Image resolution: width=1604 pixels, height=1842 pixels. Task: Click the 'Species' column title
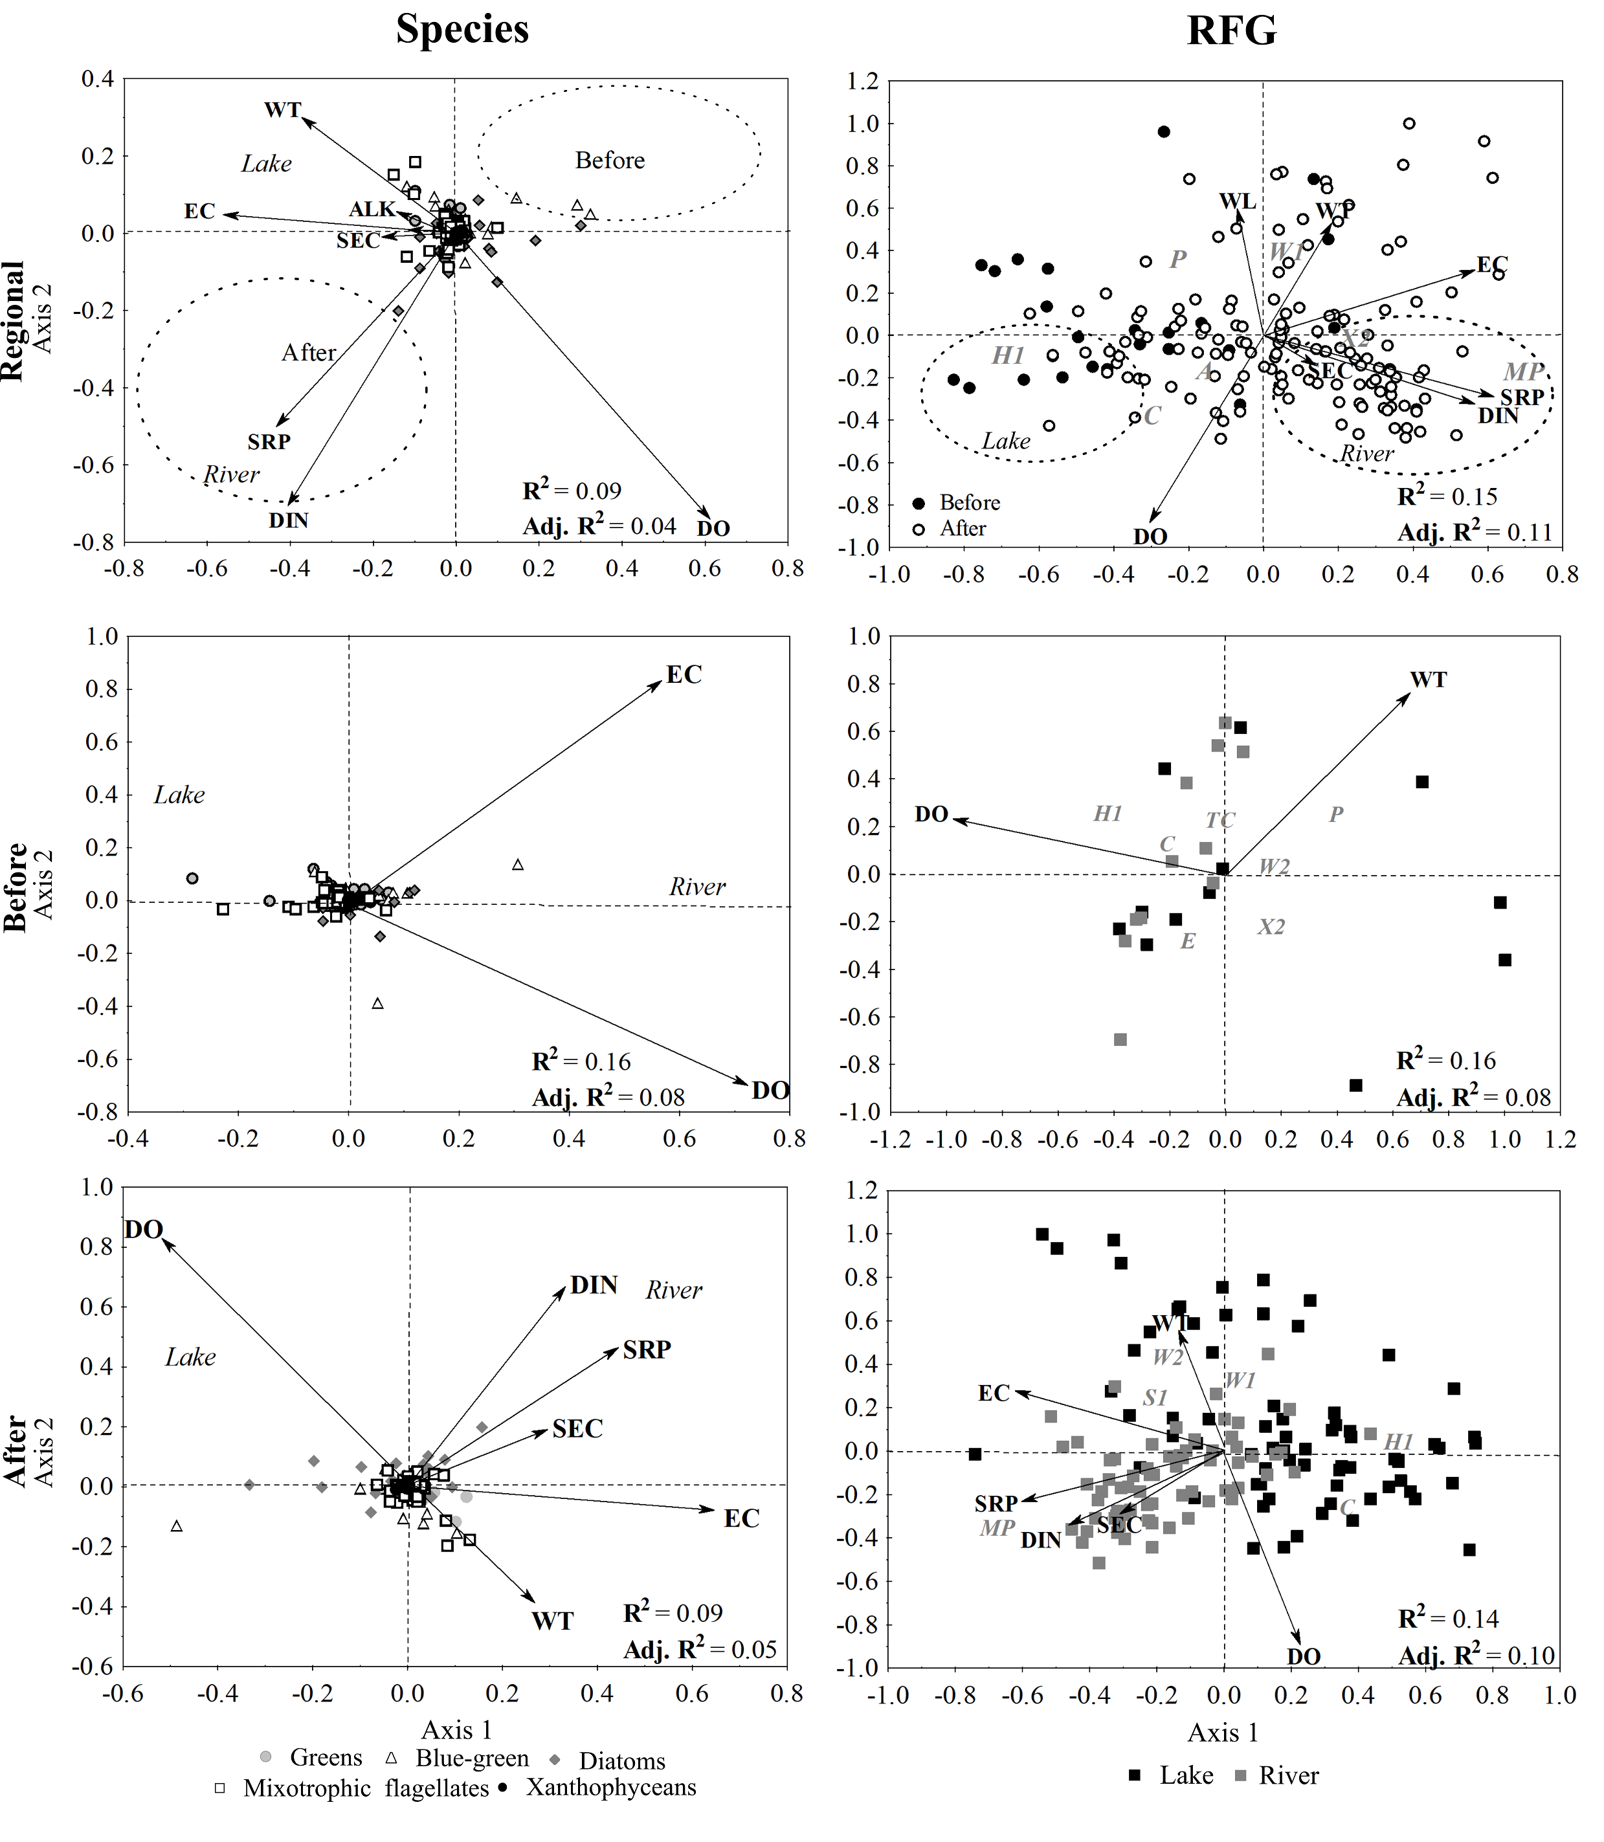coord(462,30)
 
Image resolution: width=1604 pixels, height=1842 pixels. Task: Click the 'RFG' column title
coord(1232,30)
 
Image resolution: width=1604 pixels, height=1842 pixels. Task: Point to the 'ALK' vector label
coord(372,210)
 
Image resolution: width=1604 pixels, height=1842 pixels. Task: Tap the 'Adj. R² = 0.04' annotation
coord(599,526)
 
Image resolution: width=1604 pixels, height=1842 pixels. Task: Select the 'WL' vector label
coord(1238,201)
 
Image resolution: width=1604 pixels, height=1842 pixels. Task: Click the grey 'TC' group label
coord(1220,820)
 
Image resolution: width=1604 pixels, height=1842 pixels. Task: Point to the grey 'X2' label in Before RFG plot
coord(1271,926)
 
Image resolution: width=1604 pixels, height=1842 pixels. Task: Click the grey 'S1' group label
coord(1155,1398)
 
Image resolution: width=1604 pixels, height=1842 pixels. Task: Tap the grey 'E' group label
coord(1188,940)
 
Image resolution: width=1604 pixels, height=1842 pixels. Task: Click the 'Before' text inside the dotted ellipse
coord(610,161)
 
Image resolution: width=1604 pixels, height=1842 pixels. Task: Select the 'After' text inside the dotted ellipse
coord(309,353)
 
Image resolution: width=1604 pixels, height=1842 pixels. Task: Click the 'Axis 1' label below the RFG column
coord(1223,1733)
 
